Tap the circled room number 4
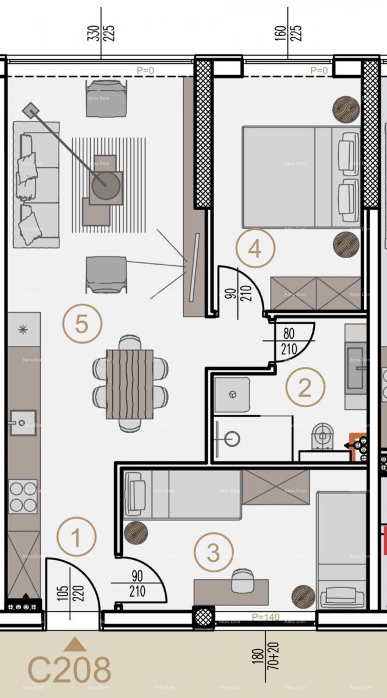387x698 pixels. pos(254,249)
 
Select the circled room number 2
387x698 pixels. pos(305,387)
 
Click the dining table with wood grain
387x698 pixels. pos(130,383)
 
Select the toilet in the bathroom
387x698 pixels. pos(321,436)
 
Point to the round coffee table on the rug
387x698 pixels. pos(105,186)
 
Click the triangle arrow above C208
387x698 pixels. pos(74,643)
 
